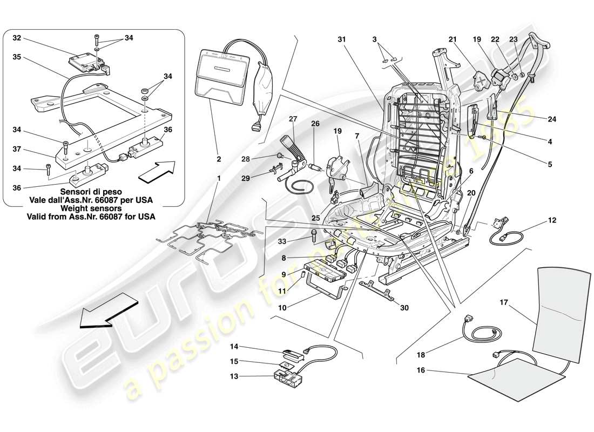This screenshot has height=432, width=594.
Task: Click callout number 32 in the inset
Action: coord(17,38)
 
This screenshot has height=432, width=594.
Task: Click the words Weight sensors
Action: coord(90,208)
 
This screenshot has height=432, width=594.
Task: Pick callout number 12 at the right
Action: coord(552,220)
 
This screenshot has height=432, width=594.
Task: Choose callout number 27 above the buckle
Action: coord(293,118)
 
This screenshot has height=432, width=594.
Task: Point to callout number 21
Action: coord(453,39)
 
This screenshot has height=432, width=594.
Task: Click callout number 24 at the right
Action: coord(552,118)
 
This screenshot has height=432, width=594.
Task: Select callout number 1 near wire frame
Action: coord(219,178)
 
